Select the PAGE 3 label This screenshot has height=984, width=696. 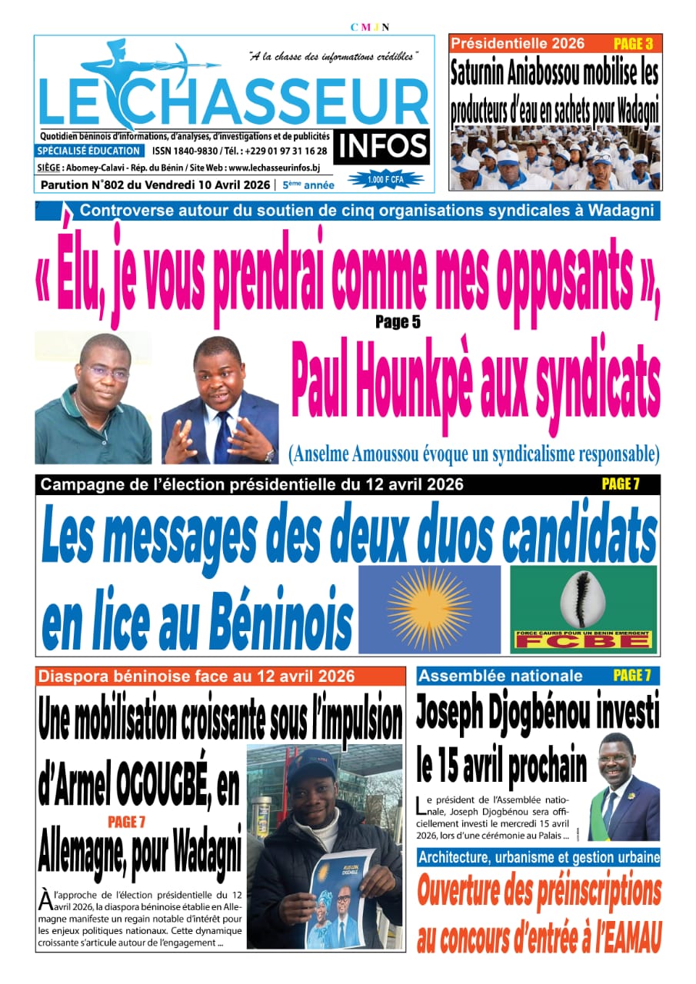coord(633,44)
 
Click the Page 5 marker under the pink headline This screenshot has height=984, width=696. coord(398,322)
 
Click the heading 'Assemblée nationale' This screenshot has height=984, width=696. coord(501,676)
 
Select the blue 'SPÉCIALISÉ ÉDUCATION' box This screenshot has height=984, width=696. coord(89,151)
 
